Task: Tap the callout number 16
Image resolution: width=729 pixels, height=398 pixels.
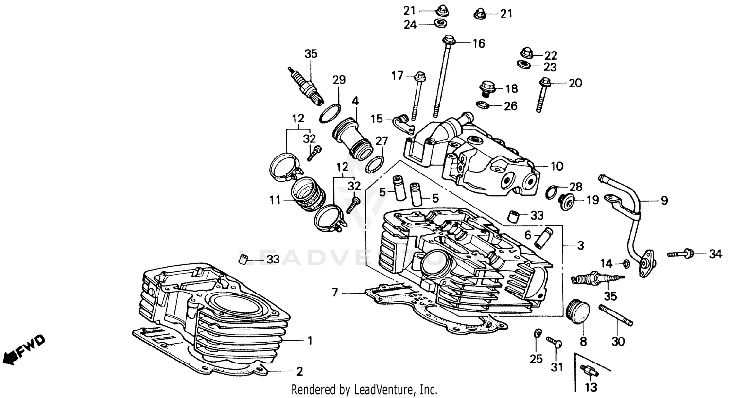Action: (x=479, y=44)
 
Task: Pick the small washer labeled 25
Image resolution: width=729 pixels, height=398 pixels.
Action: (x=537, y=333)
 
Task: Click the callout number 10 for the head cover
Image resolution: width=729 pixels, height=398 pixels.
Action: (x=556, y=166)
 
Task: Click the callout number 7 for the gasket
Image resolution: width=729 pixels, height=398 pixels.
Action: (x=334, y=293)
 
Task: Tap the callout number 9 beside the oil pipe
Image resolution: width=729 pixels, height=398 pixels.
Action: (x=664, y=200)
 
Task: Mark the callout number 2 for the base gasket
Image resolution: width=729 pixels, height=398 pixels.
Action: (x=299, y=372)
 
